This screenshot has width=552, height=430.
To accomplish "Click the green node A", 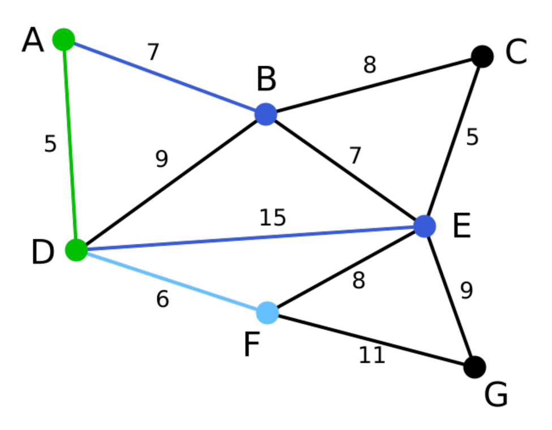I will [x=64, y=40].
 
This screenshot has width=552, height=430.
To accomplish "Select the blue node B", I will [x=266, y=114].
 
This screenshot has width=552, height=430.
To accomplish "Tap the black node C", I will [x=482, y=57].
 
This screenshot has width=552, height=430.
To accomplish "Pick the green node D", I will [x=76, y=250].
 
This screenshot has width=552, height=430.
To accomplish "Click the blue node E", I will [x=425, y=226].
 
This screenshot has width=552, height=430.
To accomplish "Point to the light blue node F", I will [x=267, y=312].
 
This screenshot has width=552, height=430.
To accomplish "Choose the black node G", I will [x=474, y=367].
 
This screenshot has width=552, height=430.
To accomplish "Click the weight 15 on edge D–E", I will [x=273, y=218].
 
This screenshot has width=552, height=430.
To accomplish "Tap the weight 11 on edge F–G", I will [x=372, y=355].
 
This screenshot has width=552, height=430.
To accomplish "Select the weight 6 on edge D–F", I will [x=162, y=299].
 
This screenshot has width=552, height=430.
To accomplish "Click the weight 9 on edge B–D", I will [x=162, y=160].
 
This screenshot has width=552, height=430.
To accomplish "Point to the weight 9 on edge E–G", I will [x=466, y=290].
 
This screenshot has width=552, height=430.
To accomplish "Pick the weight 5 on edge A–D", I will [x=50, y=145].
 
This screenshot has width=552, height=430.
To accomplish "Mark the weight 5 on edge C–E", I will [x=472, y=137].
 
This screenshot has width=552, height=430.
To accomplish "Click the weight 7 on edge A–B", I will [x=153, y=53].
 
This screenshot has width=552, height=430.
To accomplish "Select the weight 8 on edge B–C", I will [x=370, y=66].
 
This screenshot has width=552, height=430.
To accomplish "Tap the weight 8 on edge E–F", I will [x=358, y=281].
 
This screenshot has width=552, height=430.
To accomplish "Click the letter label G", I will [x=496, y=395].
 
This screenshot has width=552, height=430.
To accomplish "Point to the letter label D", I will [x=43, y=252].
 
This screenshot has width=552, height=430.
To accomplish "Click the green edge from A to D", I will [x=70, y=144].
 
